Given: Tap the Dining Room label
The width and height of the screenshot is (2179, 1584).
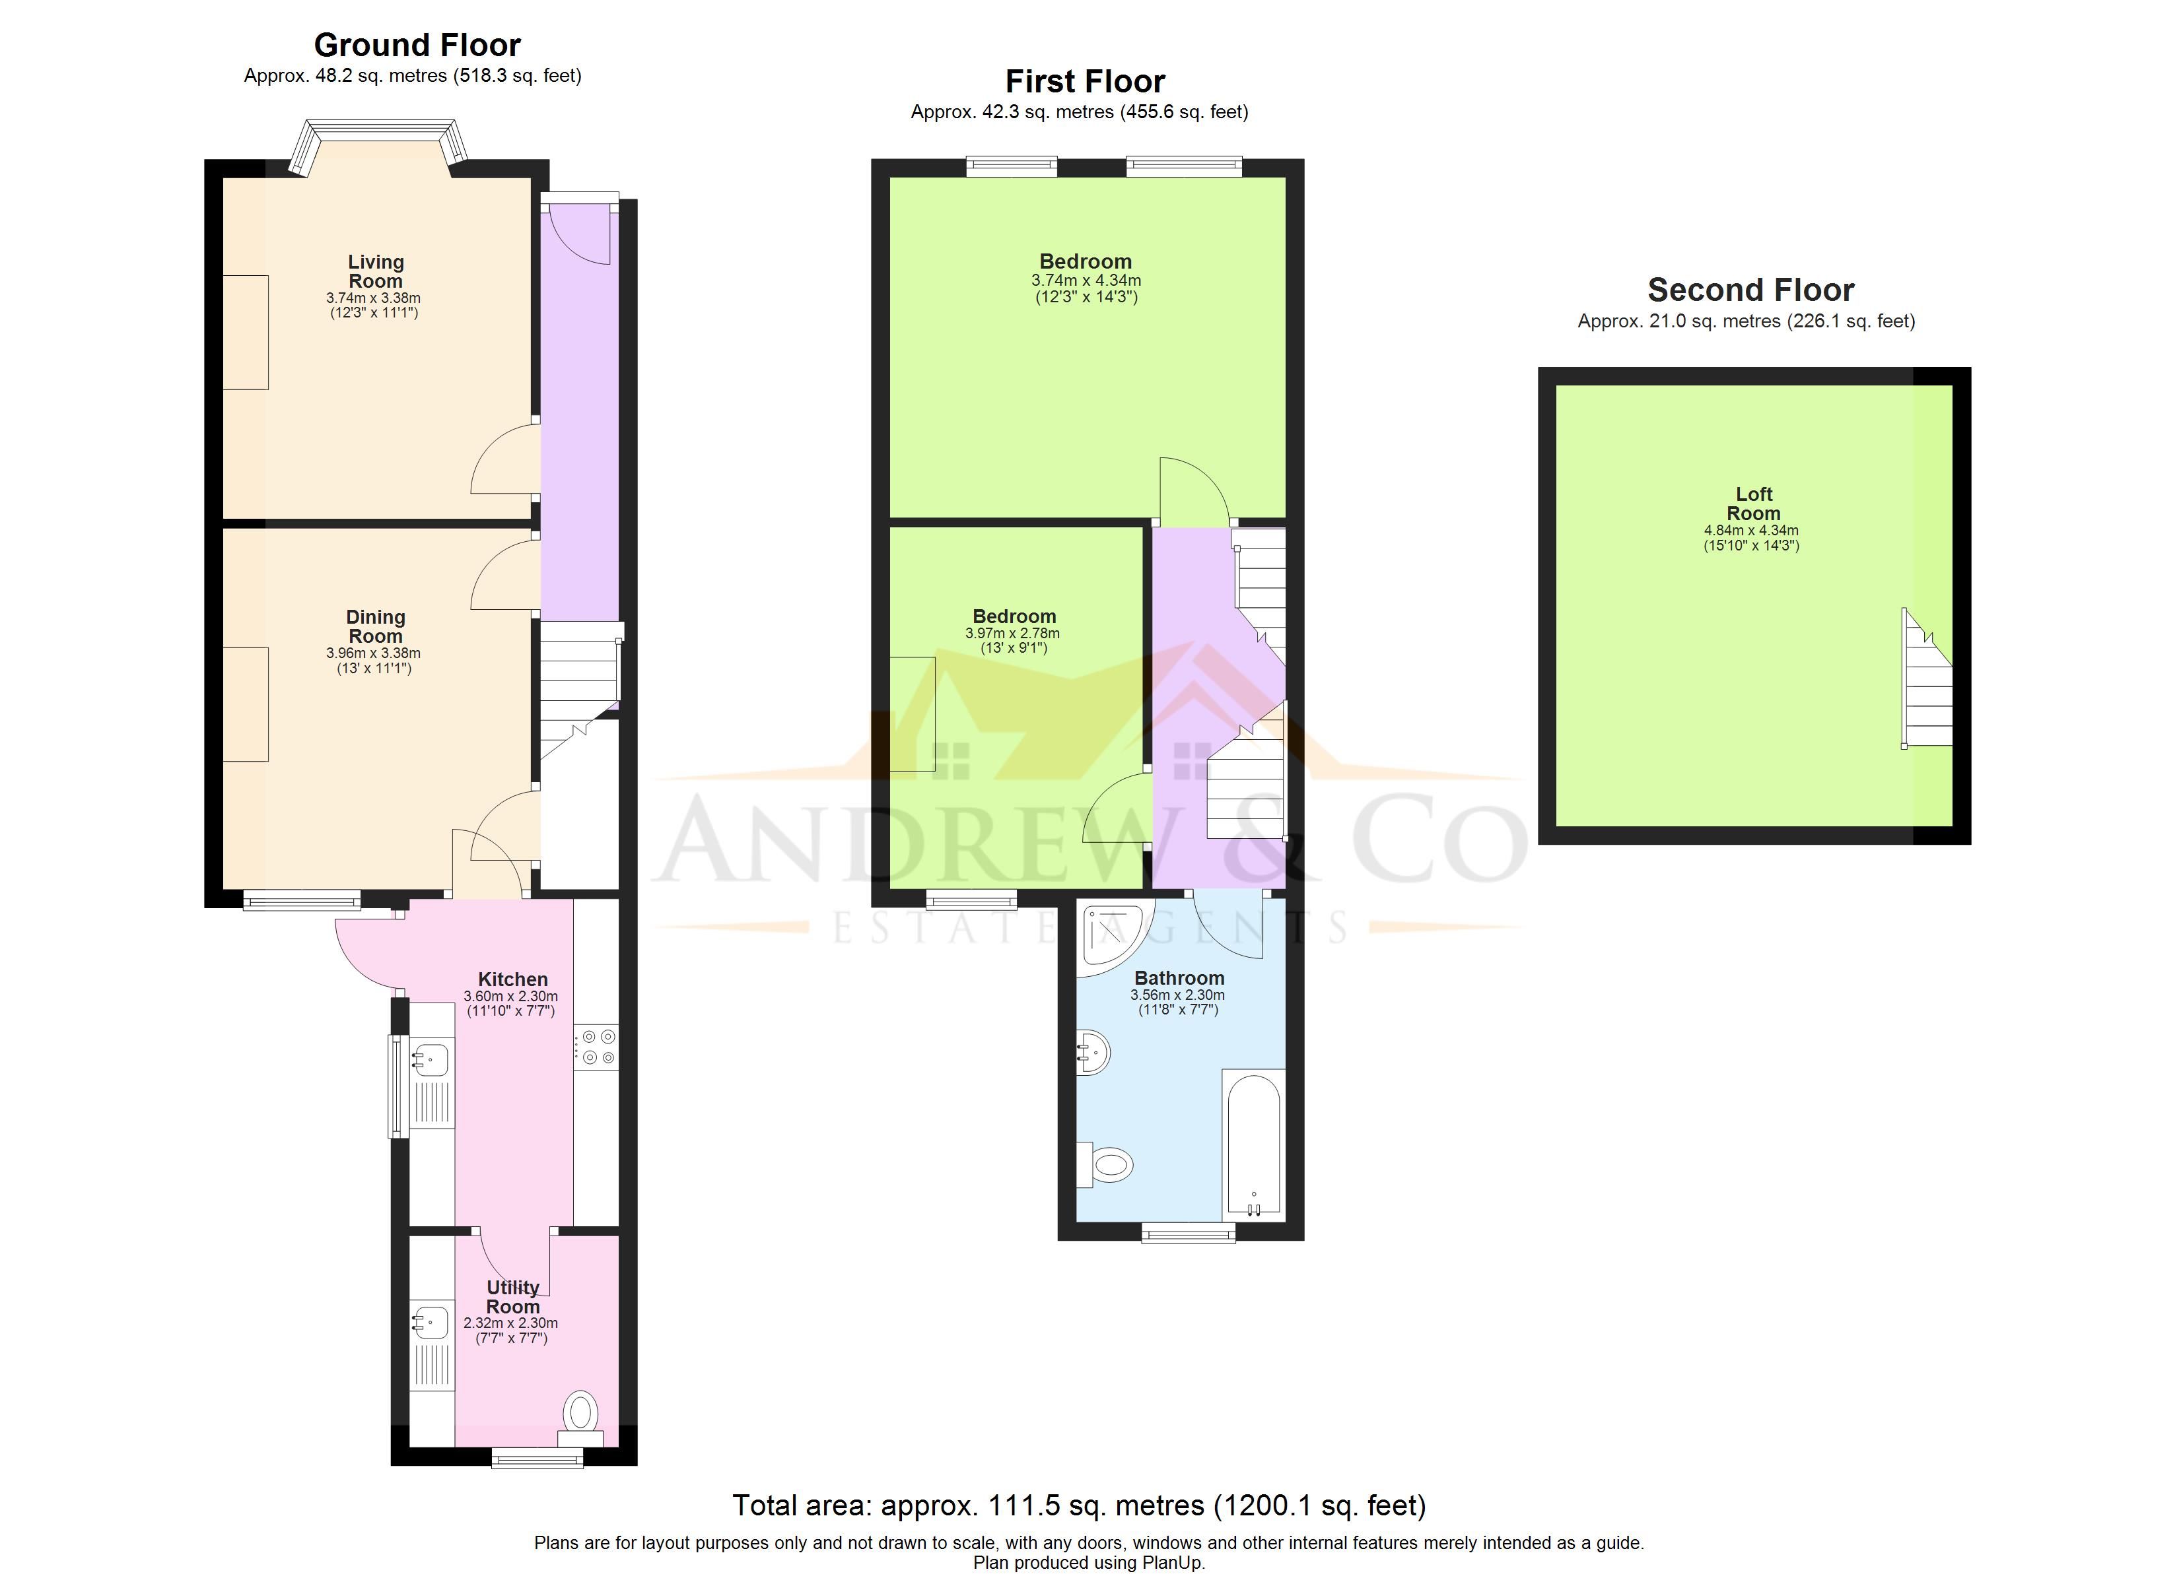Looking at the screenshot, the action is click(x=376, y=626).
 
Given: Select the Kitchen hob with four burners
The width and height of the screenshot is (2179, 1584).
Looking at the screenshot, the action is click(x=597, y=1047).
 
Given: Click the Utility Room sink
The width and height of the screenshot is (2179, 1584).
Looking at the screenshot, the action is click(x=431, y=1323).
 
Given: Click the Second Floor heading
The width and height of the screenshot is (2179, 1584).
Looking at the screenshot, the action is click(x=1750, y=289).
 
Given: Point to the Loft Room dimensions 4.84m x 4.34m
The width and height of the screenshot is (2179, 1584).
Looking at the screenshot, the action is click(x=1752, y=530).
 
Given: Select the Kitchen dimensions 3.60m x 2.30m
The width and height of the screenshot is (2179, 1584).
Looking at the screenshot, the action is click(x=510, y=996).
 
